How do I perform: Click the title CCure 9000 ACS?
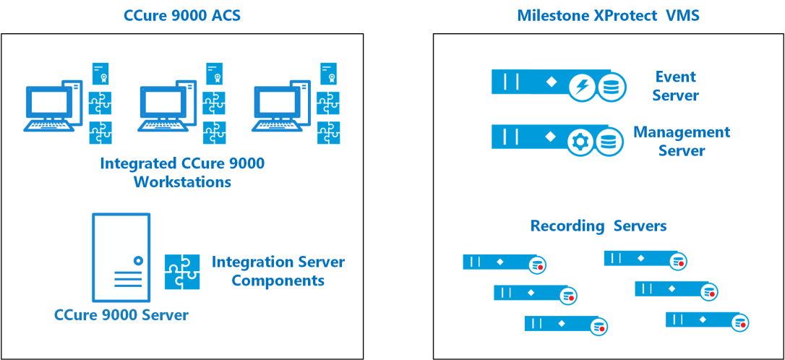point(182,15)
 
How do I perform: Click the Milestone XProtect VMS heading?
point(609,15)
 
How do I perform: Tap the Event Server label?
point(676,85)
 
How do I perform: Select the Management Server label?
point(682,141)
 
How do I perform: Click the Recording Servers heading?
point(599,226)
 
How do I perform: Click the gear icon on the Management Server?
point(580,143)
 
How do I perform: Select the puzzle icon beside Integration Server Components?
point(182,272)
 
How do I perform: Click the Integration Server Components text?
point(278,271)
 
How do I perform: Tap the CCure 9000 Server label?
point(121,315)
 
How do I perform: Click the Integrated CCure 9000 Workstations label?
point(182,172)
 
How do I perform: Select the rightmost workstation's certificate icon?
point(328,74)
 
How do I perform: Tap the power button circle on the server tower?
point(138,260)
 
